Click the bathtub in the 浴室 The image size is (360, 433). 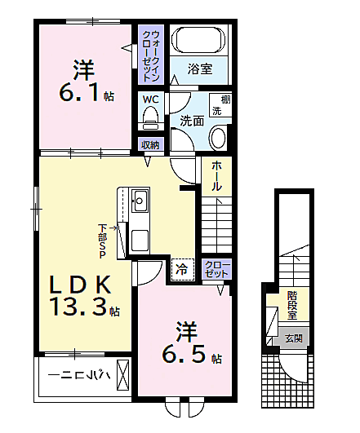pos(198,39)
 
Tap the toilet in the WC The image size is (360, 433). pos(151,117)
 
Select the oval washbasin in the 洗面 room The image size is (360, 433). pos(219,138)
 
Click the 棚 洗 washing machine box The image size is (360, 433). pos(220,105)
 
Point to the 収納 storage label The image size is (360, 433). pos(151,144)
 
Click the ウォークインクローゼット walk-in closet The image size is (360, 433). pos(151,55)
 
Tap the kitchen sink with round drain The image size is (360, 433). pos(140,201)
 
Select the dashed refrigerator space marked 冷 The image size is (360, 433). pos(182,269)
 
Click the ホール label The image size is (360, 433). pos(216,176)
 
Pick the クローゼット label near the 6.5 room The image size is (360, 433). pos(216,269)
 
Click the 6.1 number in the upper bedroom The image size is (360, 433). pos(79,93)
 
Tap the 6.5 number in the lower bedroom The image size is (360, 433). pos(184,354)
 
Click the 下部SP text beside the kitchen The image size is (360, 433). pos(103,241)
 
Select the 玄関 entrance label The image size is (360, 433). pos(293,338)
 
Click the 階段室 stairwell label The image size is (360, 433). pos(292,305)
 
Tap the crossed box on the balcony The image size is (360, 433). pos(123,375)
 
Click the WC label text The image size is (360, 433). pos(151,99)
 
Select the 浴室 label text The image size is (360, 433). pos(200,68)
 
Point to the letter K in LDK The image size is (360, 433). pos(101,284)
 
